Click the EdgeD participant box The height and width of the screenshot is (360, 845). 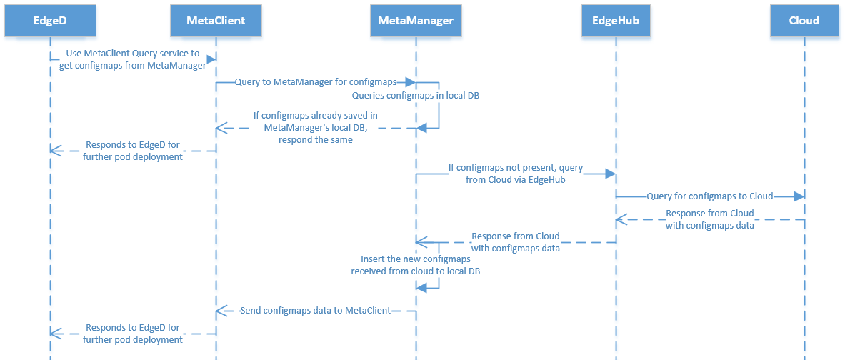(50, 21)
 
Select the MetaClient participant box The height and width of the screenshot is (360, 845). (216, 21)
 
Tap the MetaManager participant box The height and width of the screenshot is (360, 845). (416, 21)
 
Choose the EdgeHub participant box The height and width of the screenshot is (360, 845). (616, 21)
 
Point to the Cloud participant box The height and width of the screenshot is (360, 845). (804, 21)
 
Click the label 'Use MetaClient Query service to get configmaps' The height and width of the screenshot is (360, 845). (133, 60)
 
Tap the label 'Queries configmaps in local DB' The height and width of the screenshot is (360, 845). (401, 95)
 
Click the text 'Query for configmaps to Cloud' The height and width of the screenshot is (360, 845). (710, 196)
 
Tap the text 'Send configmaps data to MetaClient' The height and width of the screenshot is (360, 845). (316, 311)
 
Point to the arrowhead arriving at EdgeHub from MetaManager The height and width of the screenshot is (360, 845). (611, 174)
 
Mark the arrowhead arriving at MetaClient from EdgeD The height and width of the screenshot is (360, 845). (211, 60)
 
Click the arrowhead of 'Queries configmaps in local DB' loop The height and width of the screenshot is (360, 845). (421, 127)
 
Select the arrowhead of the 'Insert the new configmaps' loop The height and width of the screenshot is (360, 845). (421, 287)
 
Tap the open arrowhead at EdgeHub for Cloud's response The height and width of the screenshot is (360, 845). (621, 219)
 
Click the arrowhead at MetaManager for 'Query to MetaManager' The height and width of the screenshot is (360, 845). (411, 82)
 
